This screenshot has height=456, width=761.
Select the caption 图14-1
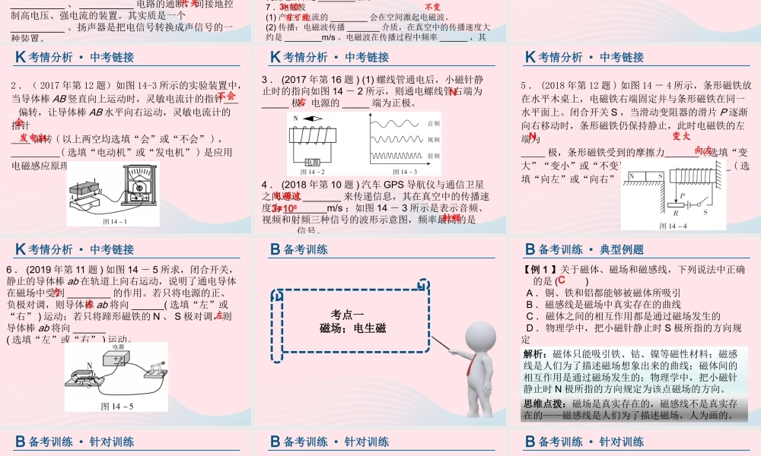coord(114,222)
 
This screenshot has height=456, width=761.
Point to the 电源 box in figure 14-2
coord(312,163)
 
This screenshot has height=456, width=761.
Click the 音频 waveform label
coord(434,122)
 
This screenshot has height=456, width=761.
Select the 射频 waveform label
coord(434,157)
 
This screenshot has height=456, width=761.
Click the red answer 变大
coord(681,136)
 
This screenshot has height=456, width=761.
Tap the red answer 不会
coord(227,97)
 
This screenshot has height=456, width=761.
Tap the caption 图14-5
coord(117,406)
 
